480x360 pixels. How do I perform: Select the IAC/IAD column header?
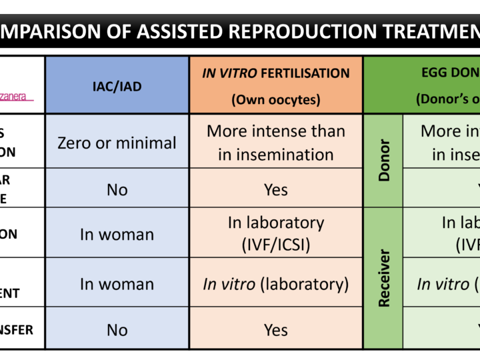[x=117, y=87]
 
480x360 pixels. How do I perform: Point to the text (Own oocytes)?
[x=275, y=100]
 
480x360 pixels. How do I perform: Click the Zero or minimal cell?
[x=117, y=142]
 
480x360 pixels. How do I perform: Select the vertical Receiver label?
[x=384, y=278]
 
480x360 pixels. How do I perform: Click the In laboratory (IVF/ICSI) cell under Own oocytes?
[x=275, y=234]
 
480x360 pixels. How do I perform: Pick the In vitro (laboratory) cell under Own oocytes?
[x=275, y=284]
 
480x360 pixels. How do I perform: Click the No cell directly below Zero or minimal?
[x=117, y=189]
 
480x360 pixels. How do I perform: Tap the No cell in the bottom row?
[x=117, y=330]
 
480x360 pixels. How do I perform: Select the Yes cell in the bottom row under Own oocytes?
[x=275, y=330]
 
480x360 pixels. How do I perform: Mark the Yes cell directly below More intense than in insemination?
[x=275, y=189]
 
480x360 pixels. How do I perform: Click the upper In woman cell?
[x=117, y=234]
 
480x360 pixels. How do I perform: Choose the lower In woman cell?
[x=117, y=284]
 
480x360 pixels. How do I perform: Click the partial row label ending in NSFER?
[x=17, y=330]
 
